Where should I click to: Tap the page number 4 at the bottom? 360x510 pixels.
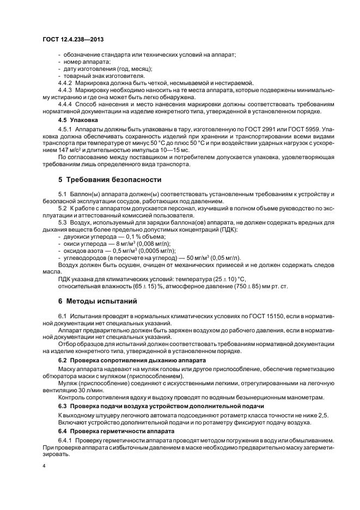(x=44, y=466)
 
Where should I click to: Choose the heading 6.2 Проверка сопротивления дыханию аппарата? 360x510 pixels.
(x=132, y=361)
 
